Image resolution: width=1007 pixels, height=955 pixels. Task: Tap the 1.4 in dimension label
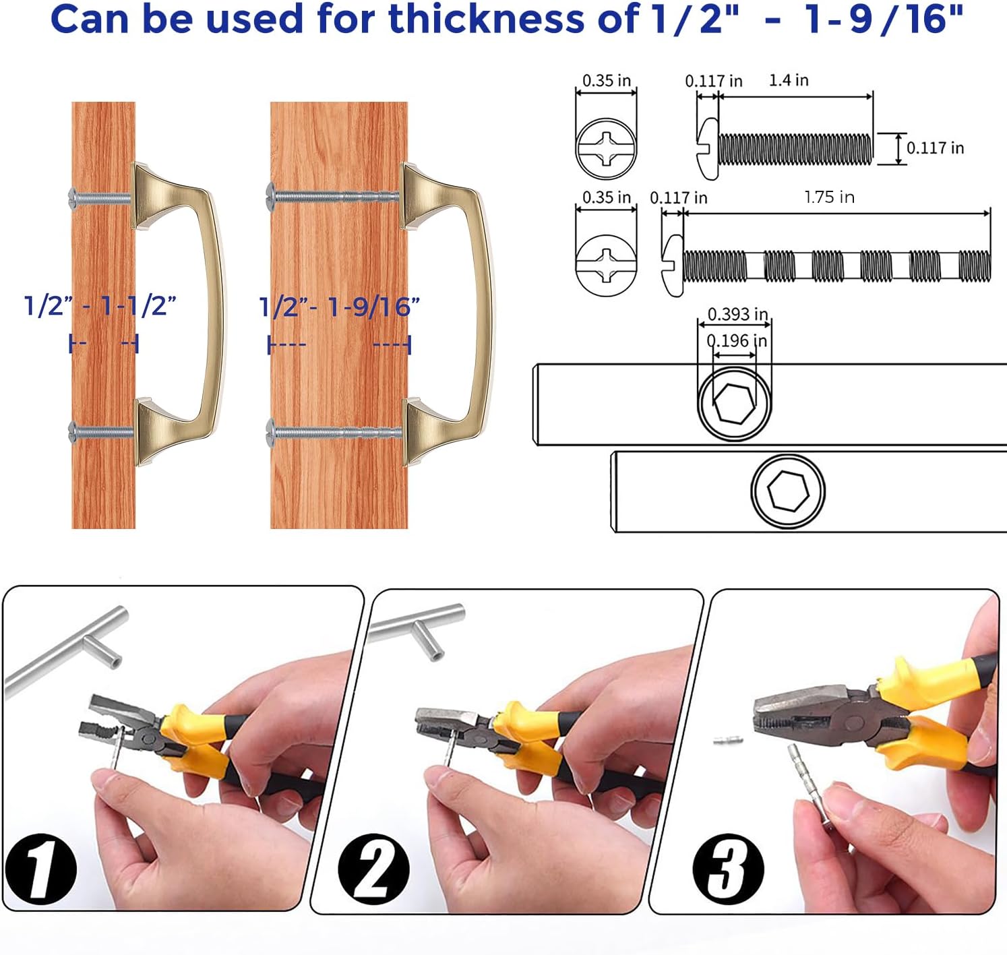point(789,80)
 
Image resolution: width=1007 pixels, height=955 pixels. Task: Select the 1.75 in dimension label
point(829,197)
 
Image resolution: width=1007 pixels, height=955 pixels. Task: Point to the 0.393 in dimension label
point(737,314)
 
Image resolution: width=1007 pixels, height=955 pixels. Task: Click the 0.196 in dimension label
point(737,341)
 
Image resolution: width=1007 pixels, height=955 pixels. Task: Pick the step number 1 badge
point(40,868)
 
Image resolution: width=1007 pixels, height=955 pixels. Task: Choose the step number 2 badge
point(373,869)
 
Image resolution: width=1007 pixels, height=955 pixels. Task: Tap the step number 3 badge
point(728,869)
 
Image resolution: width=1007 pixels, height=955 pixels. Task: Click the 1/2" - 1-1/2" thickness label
point(100,306)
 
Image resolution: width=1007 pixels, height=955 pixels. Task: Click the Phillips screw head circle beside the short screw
point(606,148)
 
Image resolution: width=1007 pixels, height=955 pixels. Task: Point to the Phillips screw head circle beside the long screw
point(606,265)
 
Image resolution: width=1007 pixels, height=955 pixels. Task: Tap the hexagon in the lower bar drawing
point(789,490)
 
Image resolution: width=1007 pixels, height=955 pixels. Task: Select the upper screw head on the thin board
point(73,197)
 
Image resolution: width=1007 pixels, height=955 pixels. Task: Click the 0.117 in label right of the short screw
point(935,148)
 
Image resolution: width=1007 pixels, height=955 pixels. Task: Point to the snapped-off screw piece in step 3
point(729,740)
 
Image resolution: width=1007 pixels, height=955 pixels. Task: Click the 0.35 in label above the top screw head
point(606,81)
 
